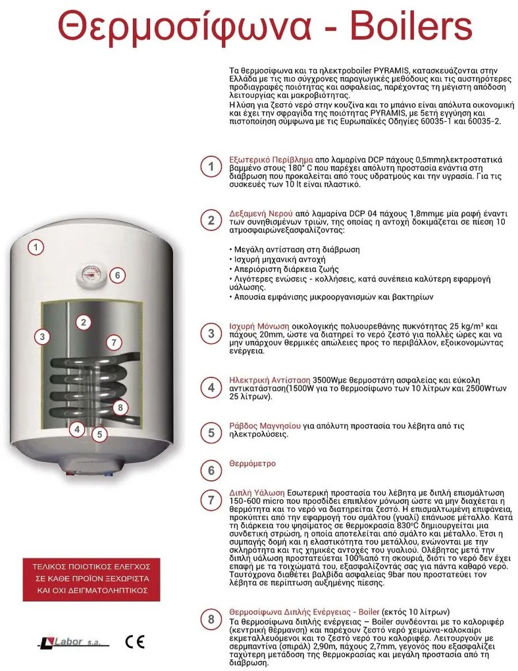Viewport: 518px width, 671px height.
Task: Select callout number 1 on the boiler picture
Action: pos(36,247)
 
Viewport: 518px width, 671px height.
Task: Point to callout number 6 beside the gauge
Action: pos(117,275)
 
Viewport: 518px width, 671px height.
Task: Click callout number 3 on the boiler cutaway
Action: pos(41,337)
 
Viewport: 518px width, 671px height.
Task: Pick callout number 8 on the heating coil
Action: pos(119,408)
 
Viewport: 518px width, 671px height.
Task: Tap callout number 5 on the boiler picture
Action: pos(99,434)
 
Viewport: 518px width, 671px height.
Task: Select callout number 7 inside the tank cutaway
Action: pos(114,342)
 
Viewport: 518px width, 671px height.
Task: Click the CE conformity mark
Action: pos(134,641)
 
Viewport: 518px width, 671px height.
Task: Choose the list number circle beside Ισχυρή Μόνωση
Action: pos(211,333)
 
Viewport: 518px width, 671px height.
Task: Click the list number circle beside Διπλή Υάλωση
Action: pos(211,500)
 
